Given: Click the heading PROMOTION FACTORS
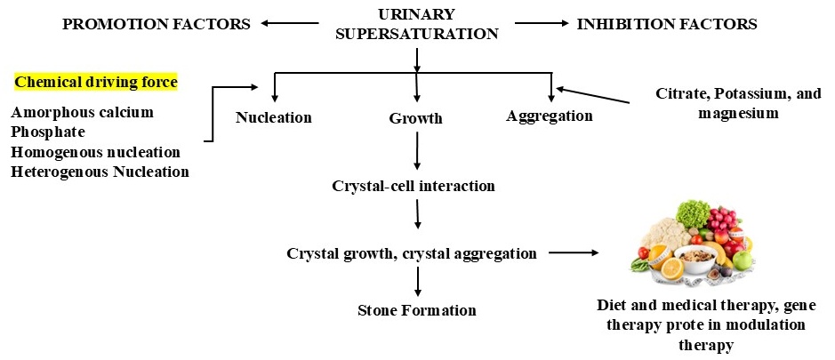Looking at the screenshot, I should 156,24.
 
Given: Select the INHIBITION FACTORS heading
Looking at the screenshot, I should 667,24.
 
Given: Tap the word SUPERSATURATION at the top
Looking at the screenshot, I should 416,35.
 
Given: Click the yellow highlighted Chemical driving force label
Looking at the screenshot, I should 96,83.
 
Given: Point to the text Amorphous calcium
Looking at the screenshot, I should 82,112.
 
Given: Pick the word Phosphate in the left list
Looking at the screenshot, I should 48,132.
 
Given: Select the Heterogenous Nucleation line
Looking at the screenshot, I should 100,171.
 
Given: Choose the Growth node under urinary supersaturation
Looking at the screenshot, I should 415,117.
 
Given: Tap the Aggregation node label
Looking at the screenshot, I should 550,116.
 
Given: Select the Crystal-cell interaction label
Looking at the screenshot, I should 413,187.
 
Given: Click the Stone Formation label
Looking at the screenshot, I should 416,310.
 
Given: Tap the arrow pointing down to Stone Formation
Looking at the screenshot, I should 416,281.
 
